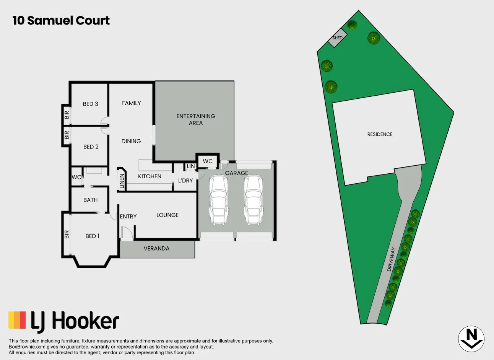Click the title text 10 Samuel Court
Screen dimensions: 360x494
pos(61,20)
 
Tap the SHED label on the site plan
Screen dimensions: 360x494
pos(337,38)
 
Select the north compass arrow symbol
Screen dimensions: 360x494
pos(471,338)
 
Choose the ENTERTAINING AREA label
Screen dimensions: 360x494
pos(196,119)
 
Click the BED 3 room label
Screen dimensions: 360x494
pos(91,104)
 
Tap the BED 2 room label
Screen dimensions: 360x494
pos(91,147)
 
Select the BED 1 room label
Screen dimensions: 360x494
pos(93,236)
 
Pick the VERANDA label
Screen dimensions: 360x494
pos(156,248)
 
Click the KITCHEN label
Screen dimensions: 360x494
pos(149,176)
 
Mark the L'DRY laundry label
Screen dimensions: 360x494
pos(185,180)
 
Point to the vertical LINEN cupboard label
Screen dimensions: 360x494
pos(122,181)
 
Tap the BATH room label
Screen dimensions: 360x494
pos(91,200)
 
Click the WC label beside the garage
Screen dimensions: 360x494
pos(208,161)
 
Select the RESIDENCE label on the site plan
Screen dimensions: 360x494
pos(380,134)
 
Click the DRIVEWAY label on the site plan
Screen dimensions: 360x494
pos(391,259)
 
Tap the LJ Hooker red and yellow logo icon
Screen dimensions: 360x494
pos(17,320)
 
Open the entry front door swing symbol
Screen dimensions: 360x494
pos(127,233)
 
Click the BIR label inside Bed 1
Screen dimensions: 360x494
pos(67,234)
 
